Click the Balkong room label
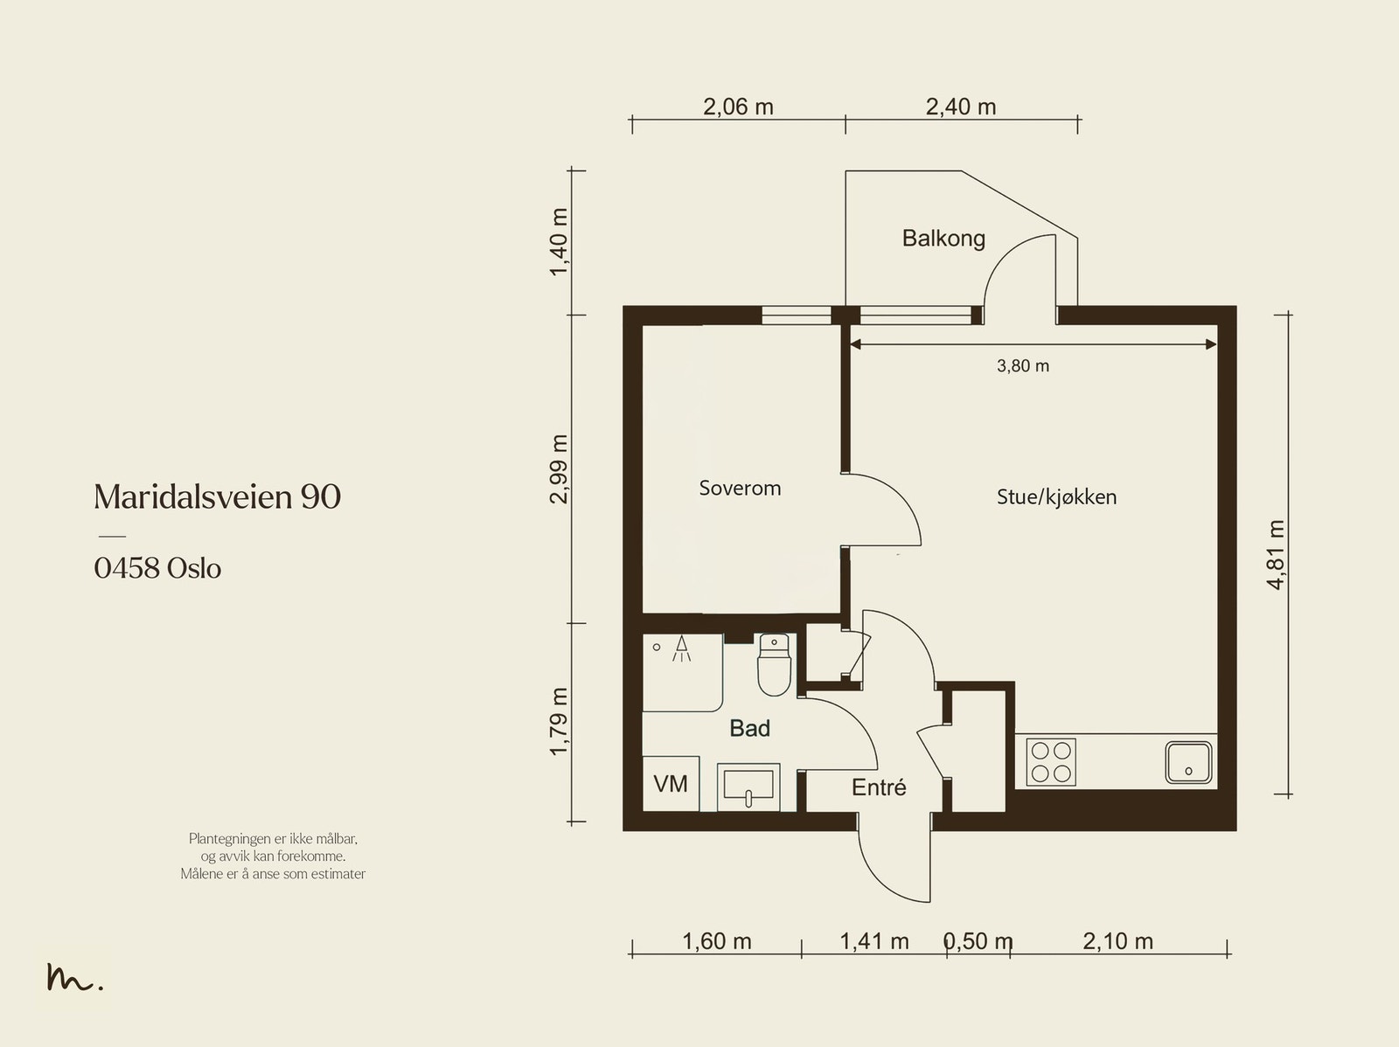(x=943, y=239)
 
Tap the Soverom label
(x=740, y=488)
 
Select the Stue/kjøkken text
(x=1057, y=496)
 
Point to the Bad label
(x=749, y=728)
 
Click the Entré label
(x=879, y=787)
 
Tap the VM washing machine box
(x=671, y=783)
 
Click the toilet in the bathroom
(x=775, y=664)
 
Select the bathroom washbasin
(x=748, y=787)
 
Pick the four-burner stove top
(x=1051, y=762)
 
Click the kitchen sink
(x=1188, y=762)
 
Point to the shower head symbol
(x=681, y=648)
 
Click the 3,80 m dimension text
(x=1023, y=365)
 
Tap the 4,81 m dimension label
(x=1276, y=555)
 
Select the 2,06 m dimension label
(x=738, y=107)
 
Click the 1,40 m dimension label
(x=559, y=242)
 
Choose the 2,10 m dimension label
(x=1118, y=941)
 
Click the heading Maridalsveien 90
(x=218, y=496)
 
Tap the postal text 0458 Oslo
(x=157, y=568)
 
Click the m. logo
(x=74, y=976)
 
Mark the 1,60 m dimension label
(x=717, y=941)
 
